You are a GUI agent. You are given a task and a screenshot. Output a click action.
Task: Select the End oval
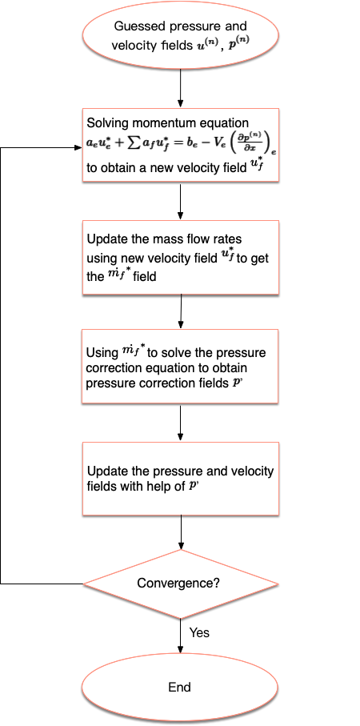click(180, 687)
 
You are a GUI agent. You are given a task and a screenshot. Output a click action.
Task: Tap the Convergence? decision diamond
click(181, 584)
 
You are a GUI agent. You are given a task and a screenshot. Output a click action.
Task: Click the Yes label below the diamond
click(199, 632)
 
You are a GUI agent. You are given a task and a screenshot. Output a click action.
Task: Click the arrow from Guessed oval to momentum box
click(181, 90)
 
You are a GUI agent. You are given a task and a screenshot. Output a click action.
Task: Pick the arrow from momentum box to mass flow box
click(181, 201)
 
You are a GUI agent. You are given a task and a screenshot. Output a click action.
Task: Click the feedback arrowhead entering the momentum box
click(78, 148)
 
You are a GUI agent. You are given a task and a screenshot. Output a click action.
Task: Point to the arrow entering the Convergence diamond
click(181, 532)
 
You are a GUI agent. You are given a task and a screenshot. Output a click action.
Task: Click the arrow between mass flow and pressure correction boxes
click(181, 311)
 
